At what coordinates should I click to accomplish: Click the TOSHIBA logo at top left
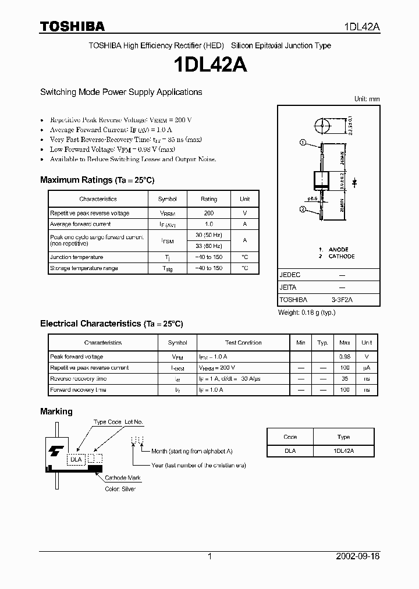coord(72,26)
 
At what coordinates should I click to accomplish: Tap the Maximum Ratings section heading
coord(97,180)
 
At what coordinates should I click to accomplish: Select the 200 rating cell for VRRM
coord(209,213)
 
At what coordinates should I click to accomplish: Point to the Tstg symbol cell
coord(167,268)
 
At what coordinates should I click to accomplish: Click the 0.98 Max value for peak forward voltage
coord(345,356)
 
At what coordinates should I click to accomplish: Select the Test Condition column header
coord(243,343)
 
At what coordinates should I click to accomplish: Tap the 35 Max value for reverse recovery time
coord(345,378)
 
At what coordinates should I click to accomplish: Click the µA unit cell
coord(367,367)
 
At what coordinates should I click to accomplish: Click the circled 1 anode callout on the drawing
coord(303,143)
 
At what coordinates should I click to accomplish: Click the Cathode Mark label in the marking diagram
coord(123,478)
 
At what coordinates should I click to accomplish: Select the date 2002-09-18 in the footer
coord(358,556)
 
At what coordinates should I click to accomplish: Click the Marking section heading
coord(56,411)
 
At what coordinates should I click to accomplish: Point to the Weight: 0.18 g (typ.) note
coord(306,313)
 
